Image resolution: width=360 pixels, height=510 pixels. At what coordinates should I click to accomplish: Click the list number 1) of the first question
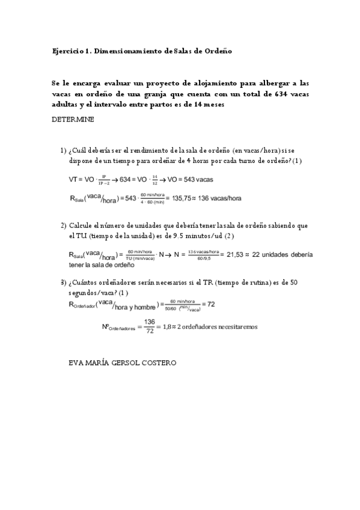coord(63,150)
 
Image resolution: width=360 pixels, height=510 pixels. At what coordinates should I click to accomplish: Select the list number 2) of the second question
coord(63,226)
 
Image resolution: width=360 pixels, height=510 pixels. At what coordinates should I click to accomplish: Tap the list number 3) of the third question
coord(63,283)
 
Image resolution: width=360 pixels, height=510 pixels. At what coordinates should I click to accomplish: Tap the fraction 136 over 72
coord(150,327)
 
